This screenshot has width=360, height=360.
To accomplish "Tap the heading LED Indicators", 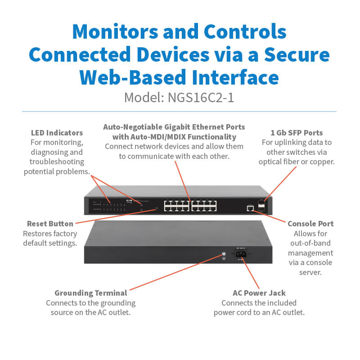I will pos(57,133).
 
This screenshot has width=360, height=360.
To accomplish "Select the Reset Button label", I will pos(50,224).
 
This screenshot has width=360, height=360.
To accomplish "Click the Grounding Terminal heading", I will pos(90,293).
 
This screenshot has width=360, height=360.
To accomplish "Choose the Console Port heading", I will pos(310,224).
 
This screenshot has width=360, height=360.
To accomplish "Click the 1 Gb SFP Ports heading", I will pos(297,133).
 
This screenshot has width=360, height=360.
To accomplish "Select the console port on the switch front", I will pos(250,207).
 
